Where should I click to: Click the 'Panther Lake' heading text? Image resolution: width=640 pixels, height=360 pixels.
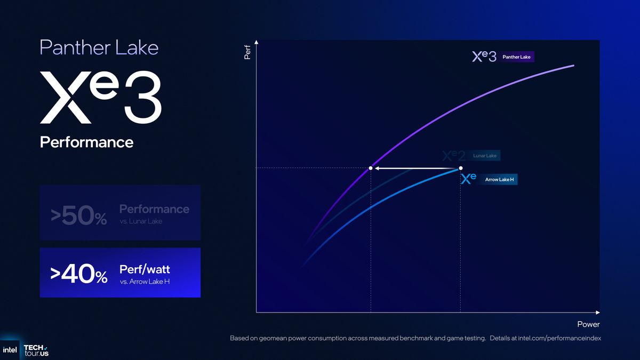(x=99, y=47)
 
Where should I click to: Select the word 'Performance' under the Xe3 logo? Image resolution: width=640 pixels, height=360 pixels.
(x=86, y=142)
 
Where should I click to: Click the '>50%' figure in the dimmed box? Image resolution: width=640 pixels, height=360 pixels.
(x=78, y=216)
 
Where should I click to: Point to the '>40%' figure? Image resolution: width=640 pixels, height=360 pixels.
(x=78, y=274)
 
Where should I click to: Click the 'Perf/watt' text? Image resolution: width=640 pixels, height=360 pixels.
(x=145, y=269)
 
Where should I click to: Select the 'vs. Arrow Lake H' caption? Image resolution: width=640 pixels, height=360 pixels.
(x=148, y=282)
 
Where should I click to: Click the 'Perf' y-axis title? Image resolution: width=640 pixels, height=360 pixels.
(x=247, y=52)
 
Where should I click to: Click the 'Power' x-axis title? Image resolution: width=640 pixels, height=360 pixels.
(x=588, y=324)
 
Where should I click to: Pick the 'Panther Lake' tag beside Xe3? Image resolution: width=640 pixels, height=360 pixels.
(x=516, y=57)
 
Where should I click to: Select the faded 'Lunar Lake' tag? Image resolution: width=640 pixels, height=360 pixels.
(x=484, y=156)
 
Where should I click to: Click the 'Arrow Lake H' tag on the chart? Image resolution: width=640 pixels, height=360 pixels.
(x=499, y=180)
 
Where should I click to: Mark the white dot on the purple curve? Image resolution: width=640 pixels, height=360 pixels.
(x=371, y=168)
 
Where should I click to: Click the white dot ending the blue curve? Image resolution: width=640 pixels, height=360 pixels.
(x=461, y=168)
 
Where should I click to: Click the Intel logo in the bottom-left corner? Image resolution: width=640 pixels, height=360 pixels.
(x=10, y=350)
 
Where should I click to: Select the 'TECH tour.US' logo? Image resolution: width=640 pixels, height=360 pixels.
(x=36, y=350)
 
